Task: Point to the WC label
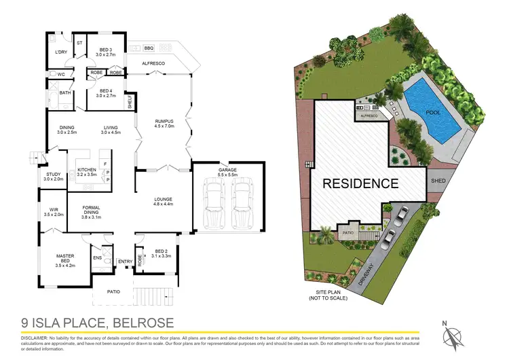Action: click(60, 74)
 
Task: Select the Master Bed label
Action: click(64, 257)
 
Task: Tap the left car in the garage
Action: click(214, 200)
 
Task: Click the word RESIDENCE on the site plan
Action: click(360, 183)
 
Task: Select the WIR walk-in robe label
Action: click(54, 212)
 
